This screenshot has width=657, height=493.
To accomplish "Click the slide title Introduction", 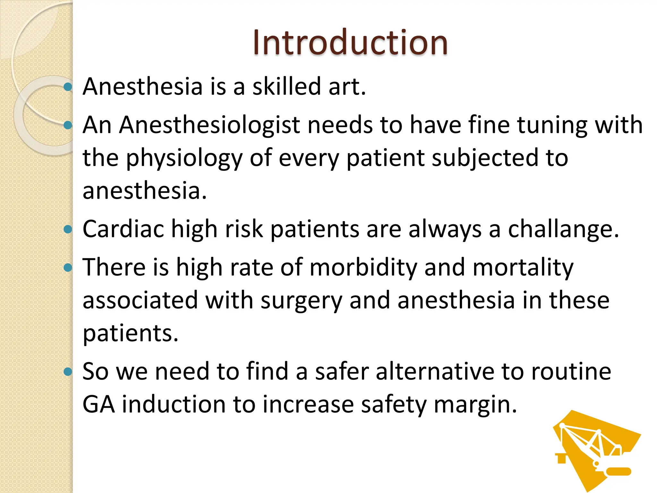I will coord(350,42).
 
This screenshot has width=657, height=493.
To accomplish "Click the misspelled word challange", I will coord(563,229).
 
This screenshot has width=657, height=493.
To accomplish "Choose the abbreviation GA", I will coord(98,404).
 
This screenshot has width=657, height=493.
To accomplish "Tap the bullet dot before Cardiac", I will coord(68,229).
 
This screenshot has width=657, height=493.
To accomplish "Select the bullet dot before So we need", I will coord(68,372).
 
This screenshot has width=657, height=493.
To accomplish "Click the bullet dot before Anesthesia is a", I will coord(68,87).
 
